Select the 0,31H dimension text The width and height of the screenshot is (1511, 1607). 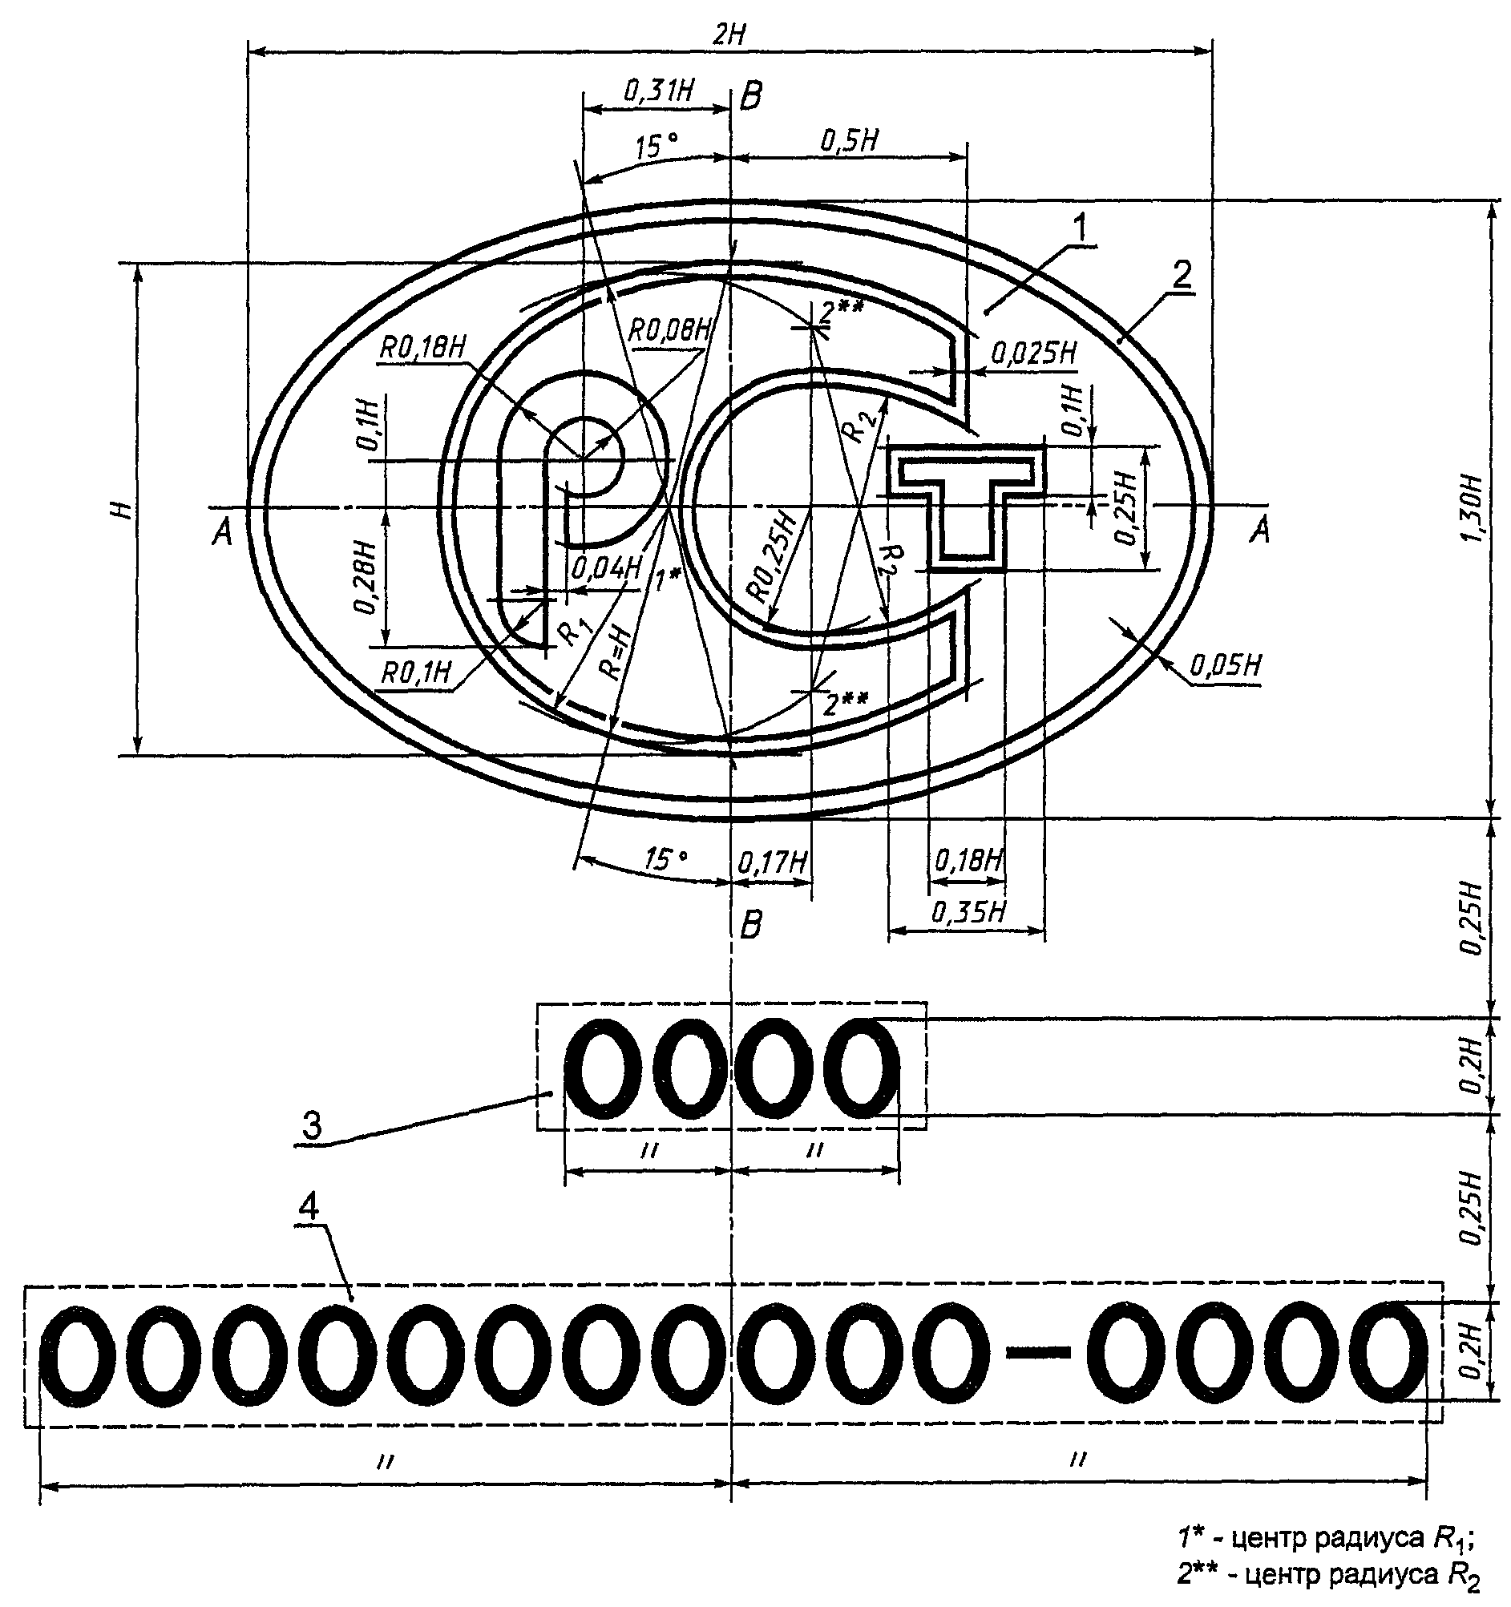[x=659, y=90]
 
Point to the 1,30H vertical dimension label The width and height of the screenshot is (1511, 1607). [x=1473, y=510]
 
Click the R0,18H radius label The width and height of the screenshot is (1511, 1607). [x=423, y=349]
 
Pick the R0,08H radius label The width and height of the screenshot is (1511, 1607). [x=670, y=329]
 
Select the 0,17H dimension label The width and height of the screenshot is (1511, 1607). [x=773, y=862]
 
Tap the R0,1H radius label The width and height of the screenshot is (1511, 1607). [x=415, y=673]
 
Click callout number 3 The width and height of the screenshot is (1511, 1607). [x=311, y=1125]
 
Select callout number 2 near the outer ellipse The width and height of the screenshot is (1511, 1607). [x=1182, y=276]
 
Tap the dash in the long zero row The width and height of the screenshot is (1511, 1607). [x=1038, y=1351]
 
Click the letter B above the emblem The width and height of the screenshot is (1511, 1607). [x=751, y=97]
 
